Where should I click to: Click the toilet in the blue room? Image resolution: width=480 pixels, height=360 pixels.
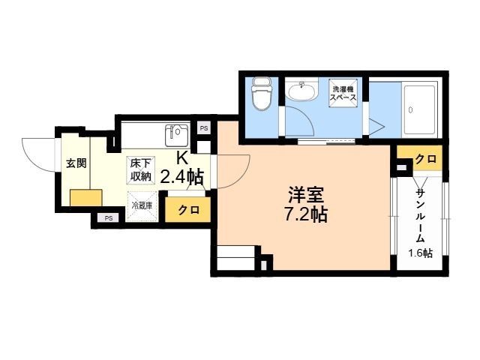click(x=262, y=94)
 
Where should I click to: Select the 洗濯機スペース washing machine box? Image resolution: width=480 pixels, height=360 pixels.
click(x=343, y=93)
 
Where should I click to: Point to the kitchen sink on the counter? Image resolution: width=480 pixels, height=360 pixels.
click(x=177, y=135)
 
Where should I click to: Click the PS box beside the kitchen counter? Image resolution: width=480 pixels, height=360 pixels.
click(x=204, y=128)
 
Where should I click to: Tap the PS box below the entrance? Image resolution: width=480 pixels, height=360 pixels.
click(x=108, y=218)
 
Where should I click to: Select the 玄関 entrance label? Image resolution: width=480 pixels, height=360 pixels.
click(x=76, y=163)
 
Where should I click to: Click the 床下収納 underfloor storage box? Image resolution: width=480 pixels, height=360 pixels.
click(x=141, y=170)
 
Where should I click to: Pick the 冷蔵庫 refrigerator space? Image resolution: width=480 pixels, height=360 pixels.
click(x=142, y=206)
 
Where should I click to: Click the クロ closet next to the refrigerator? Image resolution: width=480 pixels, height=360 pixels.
click(x=188, y=210)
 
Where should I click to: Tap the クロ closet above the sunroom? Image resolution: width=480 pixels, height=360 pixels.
click(x=425, y=158)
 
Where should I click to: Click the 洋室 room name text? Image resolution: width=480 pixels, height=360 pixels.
click(x=306, y=195)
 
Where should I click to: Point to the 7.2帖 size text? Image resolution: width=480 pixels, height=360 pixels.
click(x=306, y=214)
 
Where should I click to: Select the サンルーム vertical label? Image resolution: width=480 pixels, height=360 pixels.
click(x=421, y=216)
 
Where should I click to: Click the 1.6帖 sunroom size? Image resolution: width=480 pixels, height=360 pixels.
click(x=420, y=253)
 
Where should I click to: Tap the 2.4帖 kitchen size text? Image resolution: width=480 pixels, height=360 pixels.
click(x=181, y=176)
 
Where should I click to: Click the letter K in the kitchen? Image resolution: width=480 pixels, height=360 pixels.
click(x=182, y=158)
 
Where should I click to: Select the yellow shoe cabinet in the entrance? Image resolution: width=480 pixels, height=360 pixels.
click(x=86, y=198)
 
